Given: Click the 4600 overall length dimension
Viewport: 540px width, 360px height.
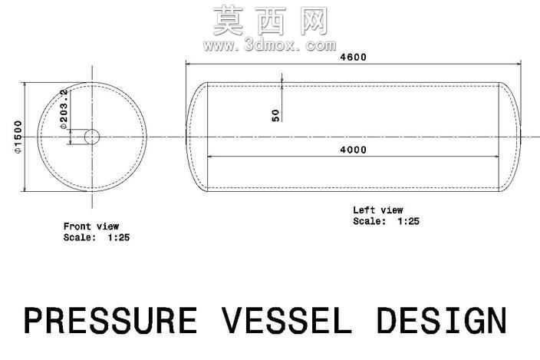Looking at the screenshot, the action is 353,58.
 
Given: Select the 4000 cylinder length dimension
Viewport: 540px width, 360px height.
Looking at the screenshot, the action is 353,150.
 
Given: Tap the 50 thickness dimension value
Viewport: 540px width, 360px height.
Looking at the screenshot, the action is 276,115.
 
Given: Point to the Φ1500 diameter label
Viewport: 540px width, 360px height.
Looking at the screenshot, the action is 18,137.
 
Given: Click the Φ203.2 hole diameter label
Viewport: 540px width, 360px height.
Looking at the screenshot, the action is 64,109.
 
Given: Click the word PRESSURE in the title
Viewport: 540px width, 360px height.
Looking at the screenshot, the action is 110,321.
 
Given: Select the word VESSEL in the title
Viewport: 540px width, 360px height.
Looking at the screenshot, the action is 287,321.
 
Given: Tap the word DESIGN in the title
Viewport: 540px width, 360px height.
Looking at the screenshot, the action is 442,321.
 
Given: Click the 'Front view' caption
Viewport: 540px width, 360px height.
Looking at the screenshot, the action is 91,226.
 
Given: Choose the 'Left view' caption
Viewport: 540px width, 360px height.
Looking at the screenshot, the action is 378,210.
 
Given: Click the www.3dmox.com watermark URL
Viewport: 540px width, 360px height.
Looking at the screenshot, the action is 270,45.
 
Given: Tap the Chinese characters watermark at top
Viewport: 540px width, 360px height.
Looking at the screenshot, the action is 270,21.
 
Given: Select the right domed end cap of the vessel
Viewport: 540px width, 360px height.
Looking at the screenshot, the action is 520,137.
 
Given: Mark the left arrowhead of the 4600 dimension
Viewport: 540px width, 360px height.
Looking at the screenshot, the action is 188,64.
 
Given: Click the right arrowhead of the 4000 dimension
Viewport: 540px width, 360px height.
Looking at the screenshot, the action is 496,157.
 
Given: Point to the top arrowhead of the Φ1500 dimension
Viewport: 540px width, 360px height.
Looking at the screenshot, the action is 25,84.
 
